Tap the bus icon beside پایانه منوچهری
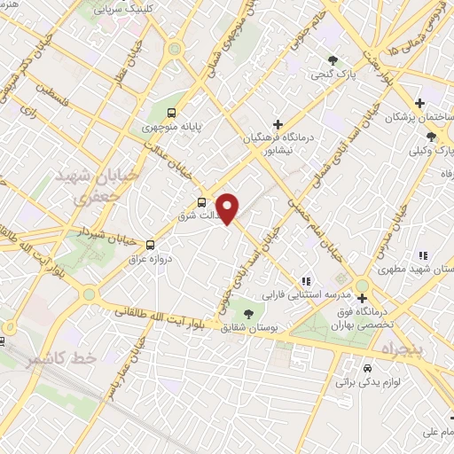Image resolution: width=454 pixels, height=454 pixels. [x=173, y=113]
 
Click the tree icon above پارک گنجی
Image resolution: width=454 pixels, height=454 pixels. [x=333, y=60]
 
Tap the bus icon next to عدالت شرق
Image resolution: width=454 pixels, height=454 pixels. [x=202, y=202]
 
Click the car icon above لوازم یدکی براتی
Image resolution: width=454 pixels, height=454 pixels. [x=367, y=367]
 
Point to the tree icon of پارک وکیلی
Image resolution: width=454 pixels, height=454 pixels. [x=431, y=137]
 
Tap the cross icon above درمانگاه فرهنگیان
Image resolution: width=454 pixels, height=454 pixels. [x=278, y=124]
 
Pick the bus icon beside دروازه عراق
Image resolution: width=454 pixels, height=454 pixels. [x=149, y=244]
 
